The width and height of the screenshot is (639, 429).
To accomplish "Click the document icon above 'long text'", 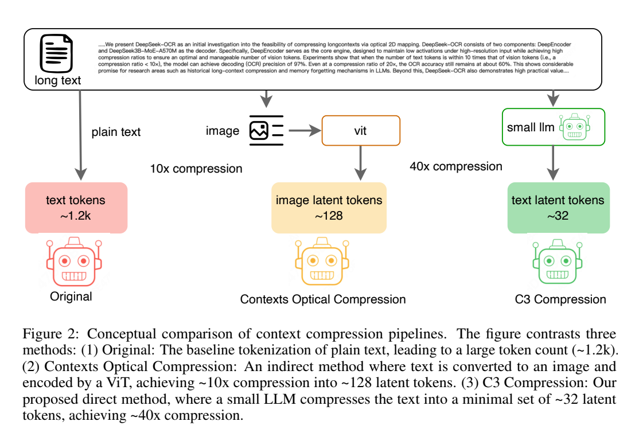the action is tap(56, 53).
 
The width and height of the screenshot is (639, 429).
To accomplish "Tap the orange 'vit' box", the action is tap(361, 130).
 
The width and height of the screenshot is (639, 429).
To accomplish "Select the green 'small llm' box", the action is tap(554, 127).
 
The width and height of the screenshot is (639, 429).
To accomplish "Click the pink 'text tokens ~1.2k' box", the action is tap(76, 208).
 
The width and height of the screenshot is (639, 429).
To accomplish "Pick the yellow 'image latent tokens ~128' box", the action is tap(329, 208).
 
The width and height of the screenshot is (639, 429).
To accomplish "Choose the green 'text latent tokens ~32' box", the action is tap(558, 208).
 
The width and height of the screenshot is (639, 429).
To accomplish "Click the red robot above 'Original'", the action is tap(74, 262).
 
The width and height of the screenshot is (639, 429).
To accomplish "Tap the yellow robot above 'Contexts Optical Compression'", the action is tap(322, 262).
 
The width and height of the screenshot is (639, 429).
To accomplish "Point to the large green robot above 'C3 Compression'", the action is tap(558, 262).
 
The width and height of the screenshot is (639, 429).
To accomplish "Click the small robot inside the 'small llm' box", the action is tap(575, 127).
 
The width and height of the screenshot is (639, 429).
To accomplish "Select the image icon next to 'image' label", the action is tap(267, 130).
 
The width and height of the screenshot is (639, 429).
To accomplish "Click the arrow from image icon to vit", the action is tap(305, 131).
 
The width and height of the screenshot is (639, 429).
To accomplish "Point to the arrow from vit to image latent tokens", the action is tap(361, 163).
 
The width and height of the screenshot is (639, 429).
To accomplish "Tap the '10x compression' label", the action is tap(196, 169).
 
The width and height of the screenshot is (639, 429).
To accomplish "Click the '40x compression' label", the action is tap(456, 166).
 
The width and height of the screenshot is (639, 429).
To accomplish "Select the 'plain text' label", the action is tap(116, 132).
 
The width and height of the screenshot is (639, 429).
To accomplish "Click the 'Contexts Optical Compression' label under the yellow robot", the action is tap(323, 299).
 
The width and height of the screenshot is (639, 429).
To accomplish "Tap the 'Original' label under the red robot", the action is tap(71, 297).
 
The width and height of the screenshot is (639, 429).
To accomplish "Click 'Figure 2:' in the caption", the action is tap(50, 334).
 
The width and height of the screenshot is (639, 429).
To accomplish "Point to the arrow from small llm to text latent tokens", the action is tap(553, 163).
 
